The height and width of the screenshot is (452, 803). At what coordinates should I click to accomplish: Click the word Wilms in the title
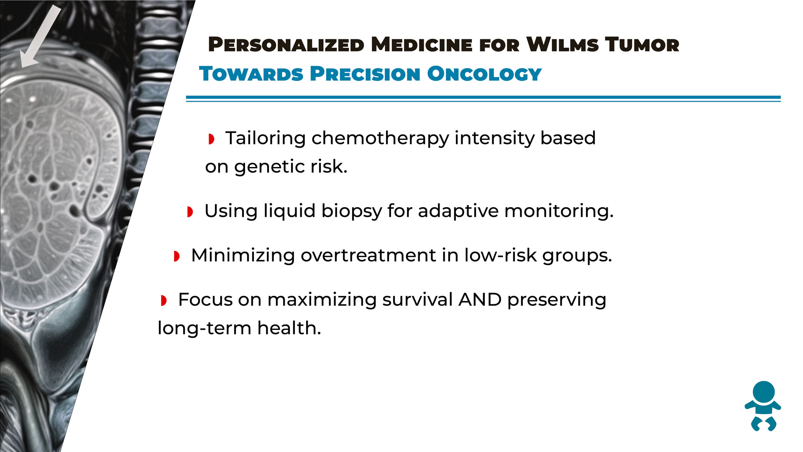(x=563, y=45)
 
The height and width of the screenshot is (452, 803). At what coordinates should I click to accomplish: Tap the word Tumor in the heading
(x=642, y=45)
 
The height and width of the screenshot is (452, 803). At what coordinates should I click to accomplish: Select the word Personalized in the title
(x=286, y=45)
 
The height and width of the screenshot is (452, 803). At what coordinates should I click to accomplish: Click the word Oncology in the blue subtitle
(x=484, y=74)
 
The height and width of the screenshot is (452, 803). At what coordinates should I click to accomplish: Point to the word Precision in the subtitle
(x=365, y=74)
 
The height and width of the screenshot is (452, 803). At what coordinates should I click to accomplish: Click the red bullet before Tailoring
(x=212, y=139)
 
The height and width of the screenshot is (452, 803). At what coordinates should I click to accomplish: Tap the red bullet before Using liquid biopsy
(x=190, y=212)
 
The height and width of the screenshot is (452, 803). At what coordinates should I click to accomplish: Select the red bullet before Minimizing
(x=177, y=256)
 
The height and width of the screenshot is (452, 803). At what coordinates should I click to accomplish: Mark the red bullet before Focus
(x=164, y=300)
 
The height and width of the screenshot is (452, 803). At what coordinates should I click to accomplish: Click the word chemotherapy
(x=380, y=139)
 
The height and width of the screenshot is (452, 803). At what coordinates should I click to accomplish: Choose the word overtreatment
(x=368, y=255)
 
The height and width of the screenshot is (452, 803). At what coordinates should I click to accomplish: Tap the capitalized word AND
(x=480, y=300)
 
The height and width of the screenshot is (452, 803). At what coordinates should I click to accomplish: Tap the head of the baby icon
(x=764, y=392)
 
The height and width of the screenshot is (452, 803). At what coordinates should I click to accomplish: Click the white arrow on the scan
(x=41, y=37)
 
